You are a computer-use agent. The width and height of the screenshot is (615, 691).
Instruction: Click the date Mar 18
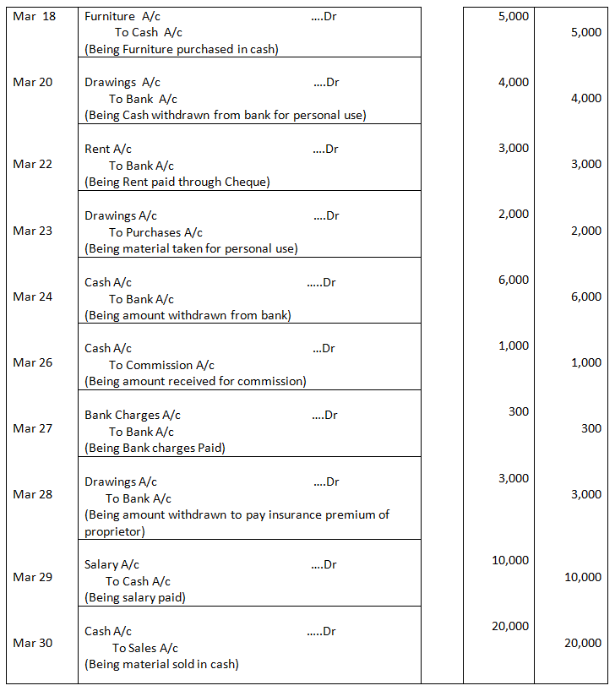(35, 16)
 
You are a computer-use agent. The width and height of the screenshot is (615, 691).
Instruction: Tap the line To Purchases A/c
(155, 232)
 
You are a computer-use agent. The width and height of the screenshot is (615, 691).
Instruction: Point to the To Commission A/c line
(161, 365)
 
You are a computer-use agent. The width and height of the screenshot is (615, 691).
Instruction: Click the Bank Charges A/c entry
(133, 415)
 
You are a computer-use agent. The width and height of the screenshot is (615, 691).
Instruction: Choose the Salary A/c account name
(112, 564)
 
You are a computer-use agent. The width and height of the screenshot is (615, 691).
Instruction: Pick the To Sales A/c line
(145, 648)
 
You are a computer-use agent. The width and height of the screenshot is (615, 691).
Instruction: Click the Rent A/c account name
(108, 149)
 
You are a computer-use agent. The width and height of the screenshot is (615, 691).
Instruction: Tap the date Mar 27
(33, 428)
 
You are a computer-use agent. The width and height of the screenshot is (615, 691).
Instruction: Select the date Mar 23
(33, 231)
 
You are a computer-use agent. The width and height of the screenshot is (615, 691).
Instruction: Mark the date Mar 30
(33, 643)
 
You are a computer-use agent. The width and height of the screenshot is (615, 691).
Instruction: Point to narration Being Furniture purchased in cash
(182, 49)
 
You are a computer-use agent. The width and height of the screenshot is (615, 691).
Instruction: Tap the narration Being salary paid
(135, 597)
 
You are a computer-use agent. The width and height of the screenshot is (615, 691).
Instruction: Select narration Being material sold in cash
(161, 664)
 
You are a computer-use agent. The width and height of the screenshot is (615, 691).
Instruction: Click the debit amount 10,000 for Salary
(510, 560)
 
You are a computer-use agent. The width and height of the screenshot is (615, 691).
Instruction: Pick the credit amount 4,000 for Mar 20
(585, 99)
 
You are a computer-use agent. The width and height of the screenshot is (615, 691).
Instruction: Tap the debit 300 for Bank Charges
(519, 411)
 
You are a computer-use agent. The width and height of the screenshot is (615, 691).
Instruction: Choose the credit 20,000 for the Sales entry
(582, 643)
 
